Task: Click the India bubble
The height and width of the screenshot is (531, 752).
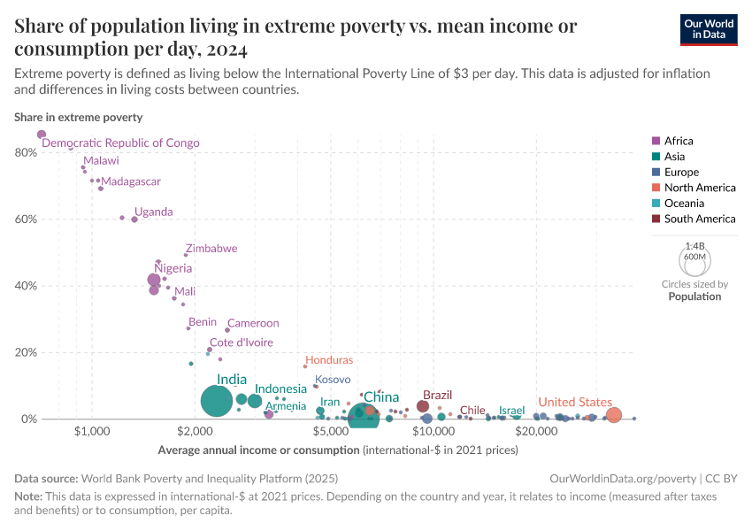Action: coord(216,401)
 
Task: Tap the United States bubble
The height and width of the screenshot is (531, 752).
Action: coord(614,415)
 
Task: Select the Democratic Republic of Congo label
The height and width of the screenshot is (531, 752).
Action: coord(120,142)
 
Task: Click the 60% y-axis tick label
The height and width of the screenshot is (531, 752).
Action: coord(25,219)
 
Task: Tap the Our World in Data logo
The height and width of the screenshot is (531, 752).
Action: coord(710,29)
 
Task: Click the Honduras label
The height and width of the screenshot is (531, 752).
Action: coord(328,360)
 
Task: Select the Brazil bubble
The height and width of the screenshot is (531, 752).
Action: coord(423,407)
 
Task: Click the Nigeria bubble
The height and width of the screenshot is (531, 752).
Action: coord(154,280)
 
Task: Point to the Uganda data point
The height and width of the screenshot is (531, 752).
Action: coord(134,219)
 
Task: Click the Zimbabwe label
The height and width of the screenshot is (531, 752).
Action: coord(211,249)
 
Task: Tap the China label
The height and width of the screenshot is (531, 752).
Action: coord(381,397)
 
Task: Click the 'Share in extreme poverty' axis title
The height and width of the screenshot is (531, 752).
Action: coord(78,117)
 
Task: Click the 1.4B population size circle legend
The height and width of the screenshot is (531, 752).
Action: coord(694,261)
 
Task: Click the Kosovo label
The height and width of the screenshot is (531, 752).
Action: coord(333,379)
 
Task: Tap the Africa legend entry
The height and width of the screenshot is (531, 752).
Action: coord(679,141)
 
